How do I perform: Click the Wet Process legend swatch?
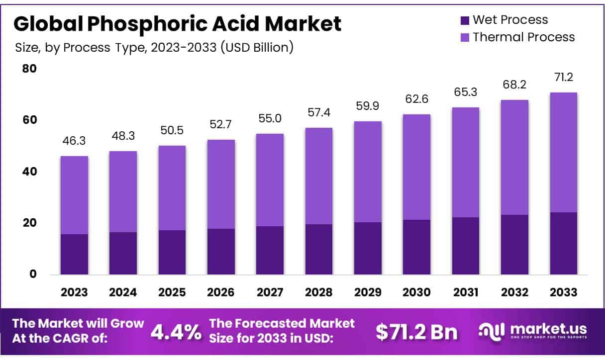(x=465, y=20)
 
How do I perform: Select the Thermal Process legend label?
(x=523, y=37)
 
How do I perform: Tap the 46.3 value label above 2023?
(x=74, y=141)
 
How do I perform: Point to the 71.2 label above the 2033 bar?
(x=563, y=78)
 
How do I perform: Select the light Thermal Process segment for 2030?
(x=417, y=167)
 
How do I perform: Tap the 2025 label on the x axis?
(x=172, y=292)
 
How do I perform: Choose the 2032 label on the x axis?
(x=514, y=292)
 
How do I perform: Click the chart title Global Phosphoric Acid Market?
(x=178, y=24)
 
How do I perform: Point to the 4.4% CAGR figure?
(x=176, y=332)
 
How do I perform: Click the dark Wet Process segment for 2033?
(x=563, y=243)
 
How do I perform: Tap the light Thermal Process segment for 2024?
(x=123, y=191)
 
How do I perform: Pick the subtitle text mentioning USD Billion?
(x=154, y=48)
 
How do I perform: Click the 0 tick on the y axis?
(x=33, y=274)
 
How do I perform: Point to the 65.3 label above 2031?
(x=466, y=92)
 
